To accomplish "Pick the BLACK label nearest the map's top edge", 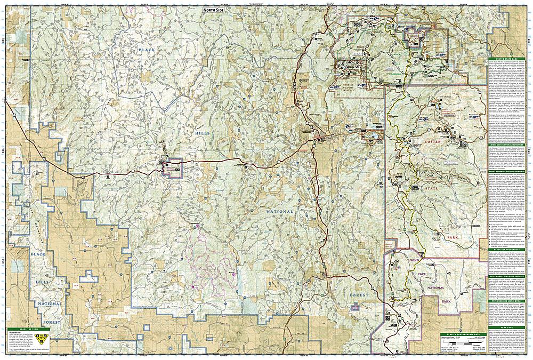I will point(146,50).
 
